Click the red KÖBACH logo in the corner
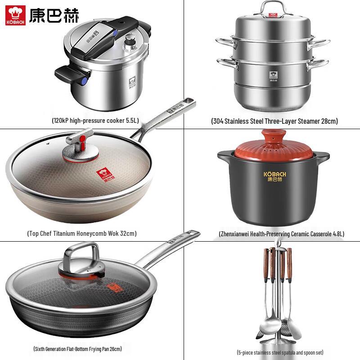tap(16, 15)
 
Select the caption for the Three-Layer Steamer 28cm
tap(274, 121)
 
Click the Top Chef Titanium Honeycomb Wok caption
tap(81, 234)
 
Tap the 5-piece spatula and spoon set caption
tap(280, 352)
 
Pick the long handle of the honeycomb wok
tap(166, 117)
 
